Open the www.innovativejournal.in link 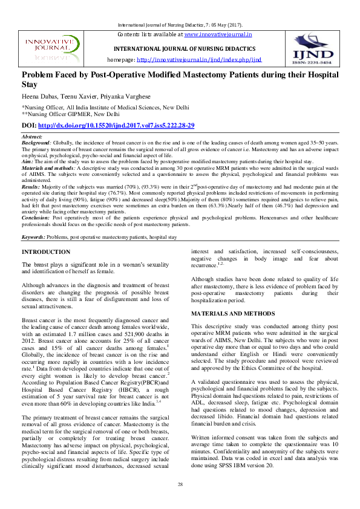point(218,35)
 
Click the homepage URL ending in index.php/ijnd point(199,60)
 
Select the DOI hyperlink point(116,125)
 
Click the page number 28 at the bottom point(180,485)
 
